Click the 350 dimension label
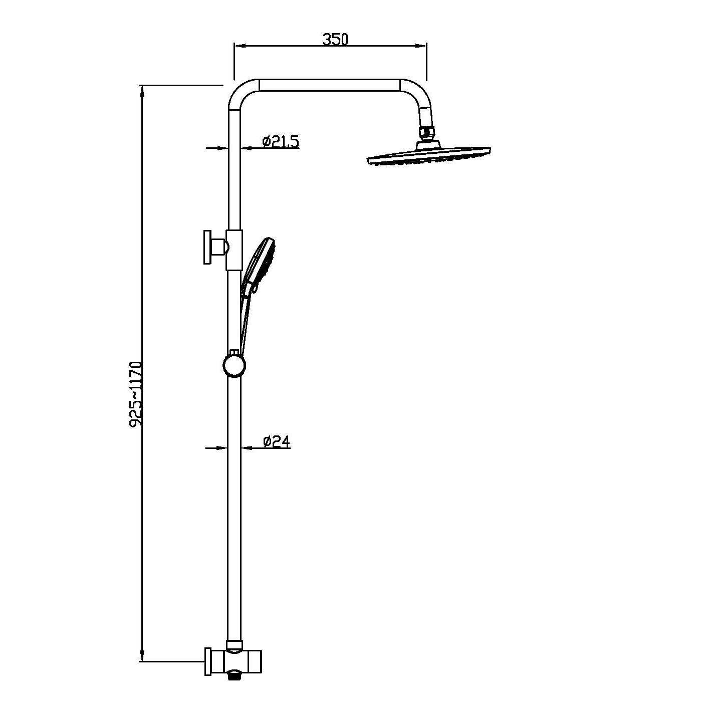(335, 40)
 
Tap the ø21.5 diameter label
(280, 141)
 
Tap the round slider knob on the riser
(234, 365)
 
